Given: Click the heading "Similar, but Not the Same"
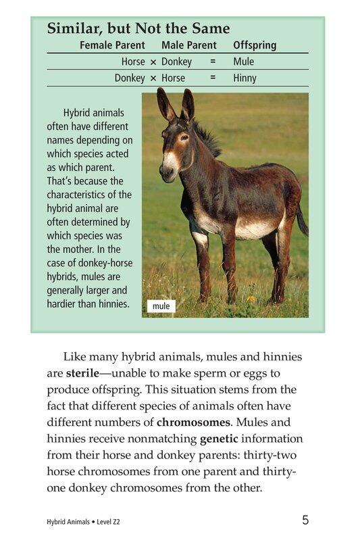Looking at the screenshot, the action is pyautogui.click(x=138, y=28).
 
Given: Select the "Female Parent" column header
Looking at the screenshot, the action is pyautogui.click(x=112, y=45).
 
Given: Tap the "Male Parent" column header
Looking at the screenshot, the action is pyautogui.click(x=189, y=45).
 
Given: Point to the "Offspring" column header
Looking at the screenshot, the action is pyautogui.click(x=255, y=45).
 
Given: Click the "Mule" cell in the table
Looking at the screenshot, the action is pyautogui.click(x=243, y=62).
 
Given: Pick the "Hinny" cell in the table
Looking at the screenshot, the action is pyautogui.click(x=245, y=78).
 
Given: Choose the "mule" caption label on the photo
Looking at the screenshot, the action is pyautogui.click(x=161, y=306).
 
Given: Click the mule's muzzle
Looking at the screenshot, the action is pyautogui.click(x=167, y=172).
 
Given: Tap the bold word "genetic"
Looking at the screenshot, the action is pyautogui.click(x=219, y=438).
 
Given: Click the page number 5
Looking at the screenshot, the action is pyautogui.click(x=305, y=520).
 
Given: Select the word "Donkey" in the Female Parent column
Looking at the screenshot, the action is pyautogui.click(x=130, y=78).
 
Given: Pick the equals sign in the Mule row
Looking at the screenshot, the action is pyautogui.click(x=213, y=62).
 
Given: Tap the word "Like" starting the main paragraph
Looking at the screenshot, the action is pyautogui.click(x=74, y=357).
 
